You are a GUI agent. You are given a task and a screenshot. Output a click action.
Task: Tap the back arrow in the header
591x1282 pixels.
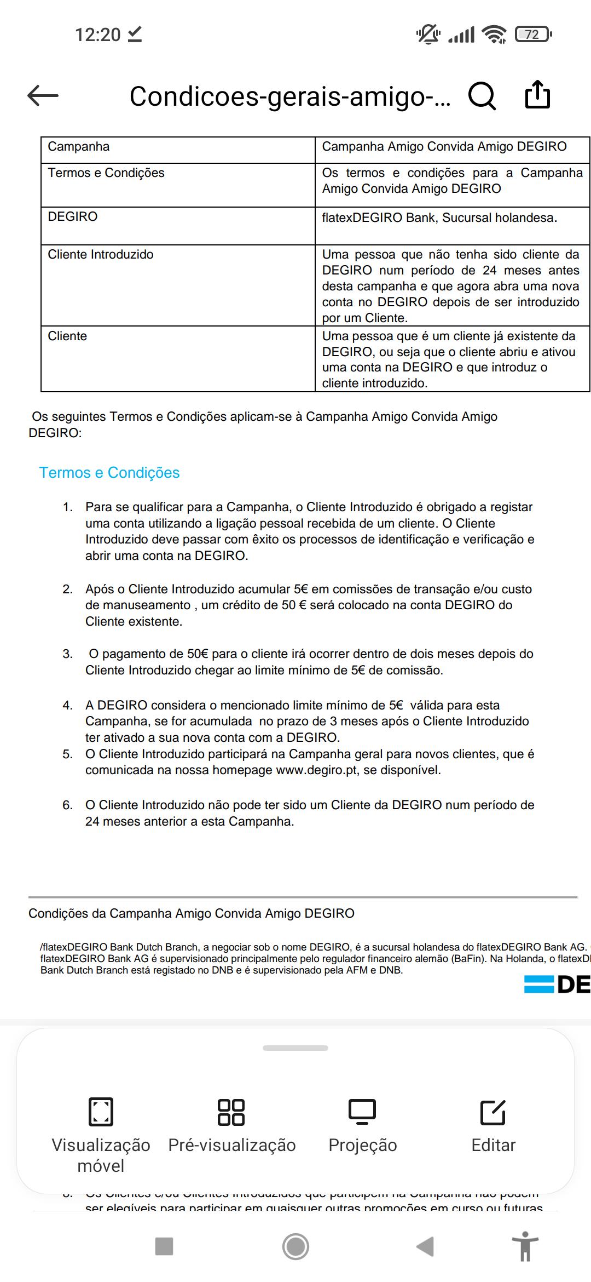[x=43, y=96]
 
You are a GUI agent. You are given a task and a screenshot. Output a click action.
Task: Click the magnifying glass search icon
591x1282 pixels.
[x=482, y=96]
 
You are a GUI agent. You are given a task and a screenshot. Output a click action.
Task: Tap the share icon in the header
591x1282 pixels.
[x=537, y=95]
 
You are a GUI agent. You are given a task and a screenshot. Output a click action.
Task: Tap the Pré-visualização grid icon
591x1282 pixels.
[x=231, y=1112]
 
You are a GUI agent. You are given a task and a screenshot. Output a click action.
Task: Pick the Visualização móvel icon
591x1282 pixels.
[x=101, y=1112]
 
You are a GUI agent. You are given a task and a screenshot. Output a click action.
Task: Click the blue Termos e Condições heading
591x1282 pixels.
[x=109, y=473]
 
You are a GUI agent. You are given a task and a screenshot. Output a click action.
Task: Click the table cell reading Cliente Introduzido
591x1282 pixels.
[x=101, y=255]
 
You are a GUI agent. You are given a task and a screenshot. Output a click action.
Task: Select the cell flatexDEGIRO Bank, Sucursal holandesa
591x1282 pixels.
[x=439, y=218]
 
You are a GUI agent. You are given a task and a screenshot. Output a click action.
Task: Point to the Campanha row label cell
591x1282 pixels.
[x=79, y=147]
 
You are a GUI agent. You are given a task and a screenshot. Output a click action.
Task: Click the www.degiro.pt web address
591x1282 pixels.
[x=317, y=770]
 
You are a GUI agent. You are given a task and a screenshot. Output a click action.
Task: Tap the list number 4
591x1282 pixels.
[x=67, y=706]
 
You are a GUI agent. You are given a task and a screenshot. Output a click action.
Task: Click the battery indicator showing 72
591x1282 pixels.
[x=533, y=35]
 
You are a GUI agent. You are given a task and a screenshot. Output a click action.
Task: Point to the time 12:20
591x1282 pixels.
[x=97, y=35]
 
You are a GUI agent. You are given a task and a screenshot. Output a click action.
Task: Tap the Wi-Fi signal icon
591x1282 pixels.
[x=494, y=35]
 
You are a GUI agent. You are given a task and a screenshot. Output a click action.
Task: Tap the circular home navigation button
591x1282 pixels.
[x=296, y=1246]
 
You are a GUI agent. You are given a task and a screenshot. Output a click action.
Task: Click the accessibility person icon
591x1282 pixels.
[x=525, y=1246]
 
